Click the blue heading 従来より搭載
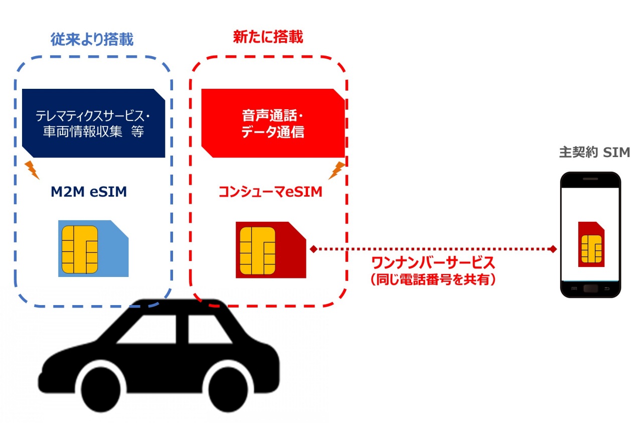(x=92, y=40)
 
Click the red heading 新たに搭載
(x=268, y=37)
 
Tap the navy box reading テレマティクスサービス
(x=93, y=123)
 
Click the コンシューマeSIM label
(x=270, y=192)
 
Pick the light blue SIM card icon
(x=93, y=249)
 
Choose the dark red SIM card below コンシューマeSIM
(x=271, y=250)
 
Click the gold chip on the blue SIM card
(x=79, y=249)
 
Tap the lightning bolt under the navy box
(x=32, y=170)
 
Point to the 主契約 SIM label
(x=594, y=153)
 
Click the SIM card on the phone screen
(x=591, y=244)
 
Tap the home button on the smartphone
(x=590, y=289)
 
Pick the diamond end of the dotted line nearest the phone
(x=553, y=249)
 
